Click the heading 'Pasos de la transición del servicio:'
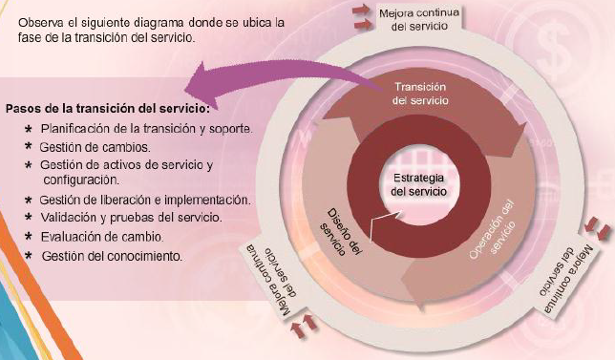[107, 108]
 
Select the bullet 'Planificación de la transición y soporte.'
[146, 129]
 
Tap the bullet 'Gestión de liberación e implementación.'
[145, 201]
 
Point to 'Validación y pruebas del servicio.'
[131, 218]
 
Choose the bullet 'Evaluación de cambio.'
[102, 236]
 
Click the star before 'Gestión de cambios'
[30, 147]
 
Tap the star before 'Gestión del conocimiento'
[30, 256]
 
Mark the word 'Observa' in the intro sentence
[39, 21]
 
